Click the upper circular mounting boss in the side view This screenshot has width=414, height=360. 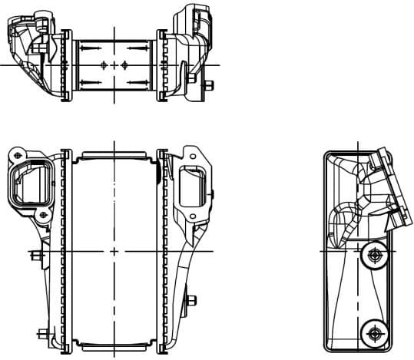376,255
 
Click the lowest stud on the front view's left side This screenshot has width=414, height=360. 40,333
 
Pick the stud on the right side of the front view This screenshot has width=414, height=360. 190,300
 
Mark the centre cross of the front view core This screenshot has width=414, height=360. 114,252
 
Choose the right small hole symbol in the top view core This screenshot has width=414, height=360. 124,64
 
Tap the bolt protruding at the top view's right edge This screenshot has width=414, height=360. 209,85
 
